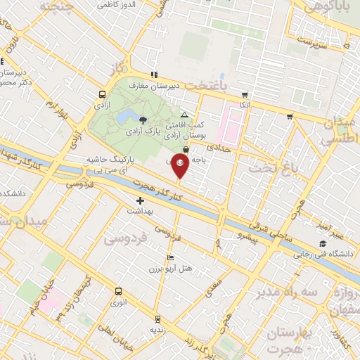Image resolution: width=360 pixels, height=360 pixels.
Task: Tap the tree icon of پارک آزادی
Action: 144,119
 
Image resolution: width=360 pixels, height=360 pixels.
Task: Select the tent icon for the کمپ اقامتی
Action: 184,115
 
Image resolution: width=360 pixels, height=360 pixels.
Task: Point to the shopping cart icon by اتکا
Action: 244,95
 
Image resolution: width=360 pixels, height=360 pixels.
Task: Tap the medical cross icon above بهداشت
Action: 140,201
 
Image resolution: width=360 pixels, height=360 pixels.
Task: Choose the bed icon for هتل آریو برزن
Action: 169,258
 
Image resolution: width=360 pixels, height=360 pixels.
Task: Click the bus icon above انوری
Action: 117,291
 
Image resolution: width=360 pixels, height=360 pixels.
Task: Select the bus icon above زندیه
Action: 157,319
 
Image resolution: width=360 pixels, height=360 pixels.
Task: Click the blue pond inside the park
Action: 127,115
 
